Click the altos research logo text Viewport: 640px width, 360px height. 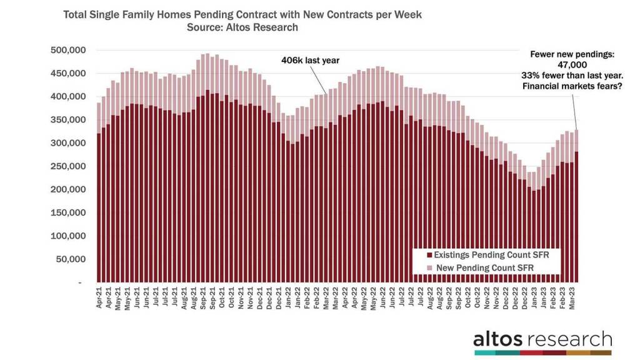542,340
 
